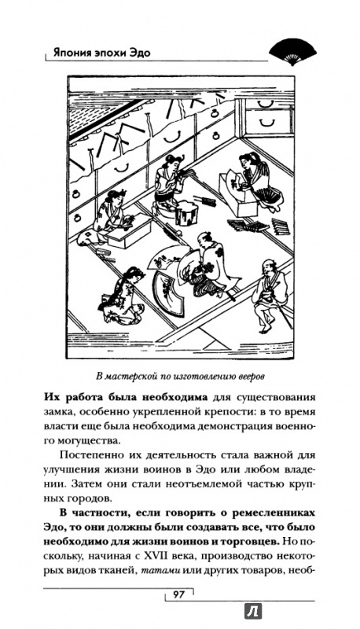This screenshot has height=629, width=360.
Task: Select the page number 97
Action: [x=178, y=594]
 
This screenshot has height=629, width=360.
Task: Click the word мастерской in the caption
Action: [x=127, y=377]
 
